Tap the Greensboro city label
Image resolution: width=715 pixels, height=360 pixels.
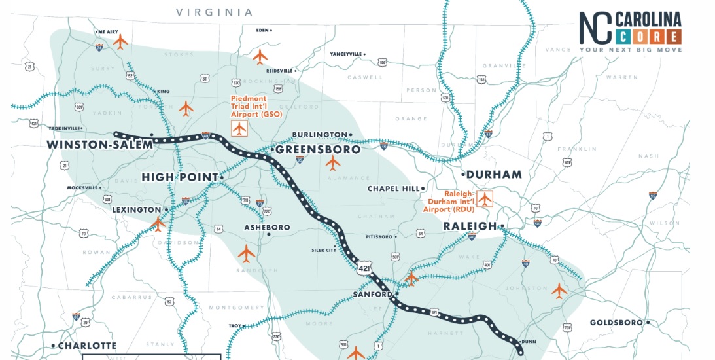pos(318,150)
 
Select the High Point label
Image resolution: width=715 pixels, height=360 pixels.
pos(179,177)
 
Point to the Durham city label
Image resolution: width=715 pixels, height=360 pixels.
pos(495,175)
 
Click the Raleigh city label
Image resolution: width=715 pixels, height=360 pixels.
pos(470,226)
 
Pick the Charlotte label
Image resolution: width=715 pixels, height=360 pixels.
pos(86,346)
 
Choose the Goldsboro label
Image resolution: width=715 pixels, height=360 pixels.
pos(617,323)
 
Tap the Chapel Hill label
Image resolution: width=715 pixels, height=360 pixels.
pos(392,189)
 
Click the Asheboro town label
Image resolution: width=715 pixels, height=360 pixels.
pos(267,228)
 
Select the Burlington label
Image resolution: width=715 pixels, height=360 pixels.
pos(319,135)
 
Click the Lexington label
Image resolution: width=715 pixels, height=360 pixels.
pos(136,210)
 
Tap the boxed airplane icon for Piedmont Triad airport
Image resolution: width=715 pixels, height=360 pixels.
pos(239,129)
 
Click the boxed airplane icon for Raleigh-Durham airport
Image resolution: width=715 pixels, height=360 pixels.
pos(485,198)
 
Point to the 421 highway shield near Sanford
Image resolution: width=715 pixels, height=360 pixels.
pos(364,266)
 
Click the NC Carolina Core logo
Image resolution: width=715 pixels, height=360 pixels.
pos(630,31)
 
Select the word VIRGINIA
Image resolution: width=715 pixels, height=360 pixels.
pos(214,12)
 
